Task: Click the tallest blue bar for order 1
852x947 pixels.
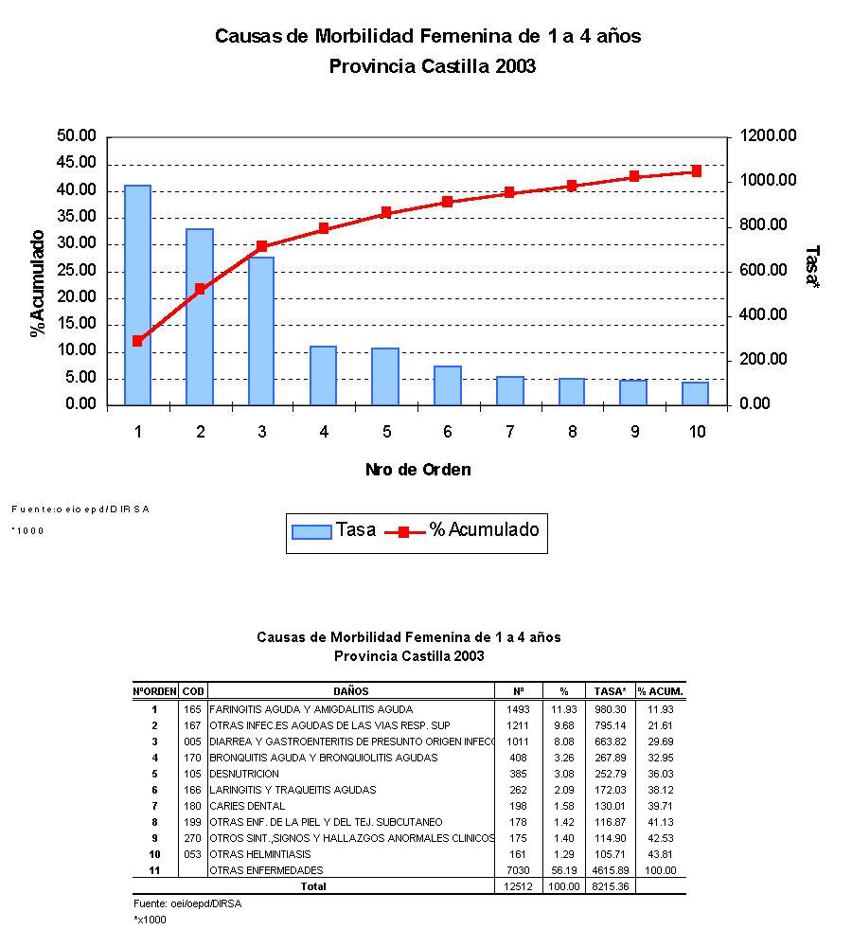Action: point(137,295)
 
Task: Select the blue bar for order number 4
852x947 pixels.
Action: point(324,375)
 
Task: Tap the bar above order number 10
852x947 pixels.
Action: point(696,393)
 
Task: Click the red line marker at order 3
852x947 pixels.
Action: point(262,246)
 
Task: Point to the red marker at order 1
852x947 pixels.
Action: point(137,341)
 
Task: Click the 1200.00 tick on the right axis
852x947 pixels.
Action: point(768,136)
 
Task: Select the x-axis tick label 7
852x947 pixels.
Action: point(509,433)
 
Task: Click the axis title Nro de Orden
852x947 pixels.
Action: point(417,470)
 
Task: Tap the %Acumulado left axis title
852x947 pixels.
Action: point(38,282)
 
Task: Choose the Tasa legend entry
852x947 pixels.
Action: point(334,530)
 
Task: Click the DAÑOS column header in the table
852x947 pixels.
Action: point(350,691)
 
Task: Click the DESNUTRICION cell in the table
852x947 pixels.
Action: point(244,774)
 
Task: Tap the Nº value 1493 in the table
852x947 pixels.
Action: point(518,709)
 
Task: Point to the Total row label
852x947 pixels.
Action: point(312,887)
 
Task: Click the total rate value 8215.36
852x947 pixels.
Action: point(611,887)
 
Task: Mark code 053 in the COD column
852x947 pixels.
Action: point(192,854)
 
